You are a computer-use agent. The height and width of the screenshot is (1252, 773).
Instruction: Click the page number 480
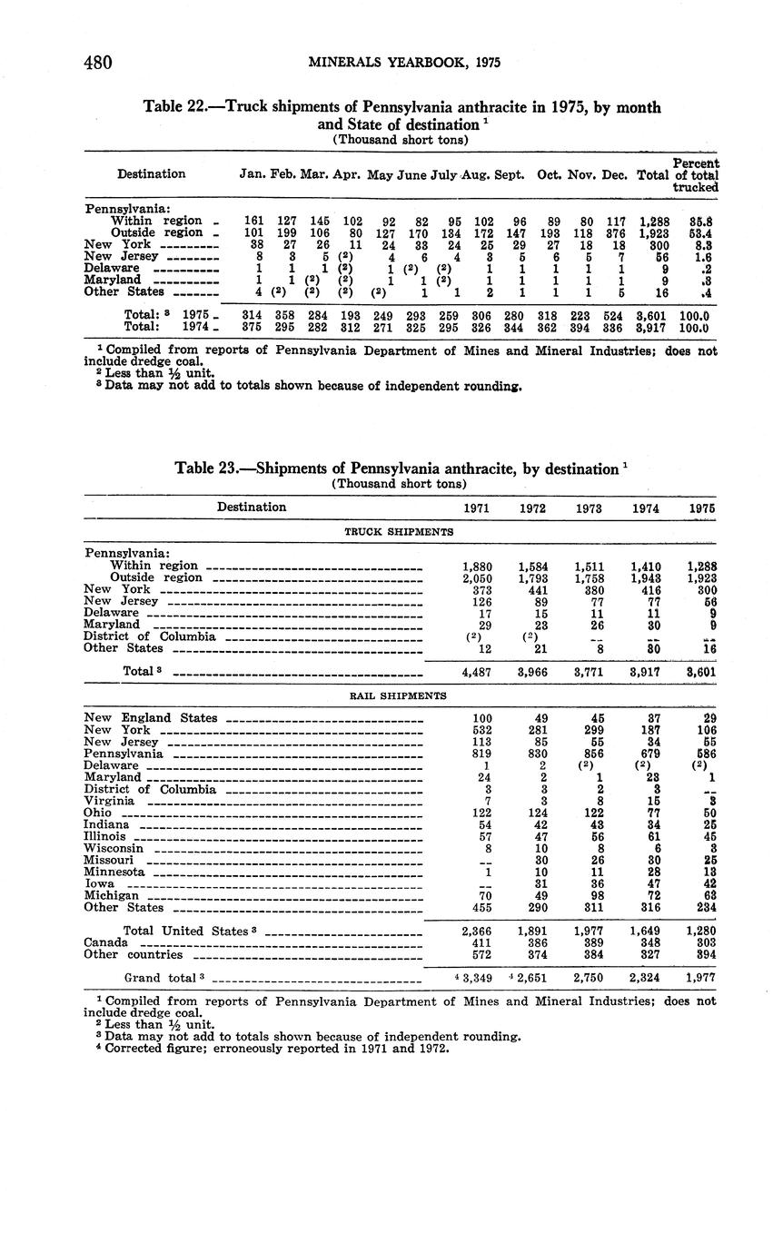tap(97, 63)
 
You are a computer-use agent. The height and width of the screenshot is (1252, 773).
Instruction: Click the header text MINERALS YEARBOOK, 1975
tap(404, 63)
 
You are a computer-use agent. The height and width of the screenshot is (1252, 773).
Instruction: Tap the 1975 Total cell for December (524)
tap(615, 315)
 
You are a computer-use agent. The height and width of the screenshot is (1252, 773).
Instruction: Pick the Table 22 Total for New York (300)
tap(653, 244)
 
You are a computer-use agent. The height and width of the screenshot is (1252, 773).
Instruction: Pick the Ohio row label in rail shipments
tap(97, 813)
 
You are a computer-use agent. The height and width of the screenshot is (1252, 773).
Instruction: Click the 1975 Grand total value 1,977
tap(699, 978)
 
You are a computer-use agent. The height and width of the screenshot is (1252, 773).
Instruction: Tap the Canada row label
tap(104, 942)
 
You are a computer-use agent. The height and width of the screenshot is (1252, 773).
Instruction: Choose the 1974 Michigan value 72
tap(647, 895)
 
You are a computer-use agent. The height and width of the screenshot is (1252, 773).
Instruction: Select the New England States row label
tap(151, 718)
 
